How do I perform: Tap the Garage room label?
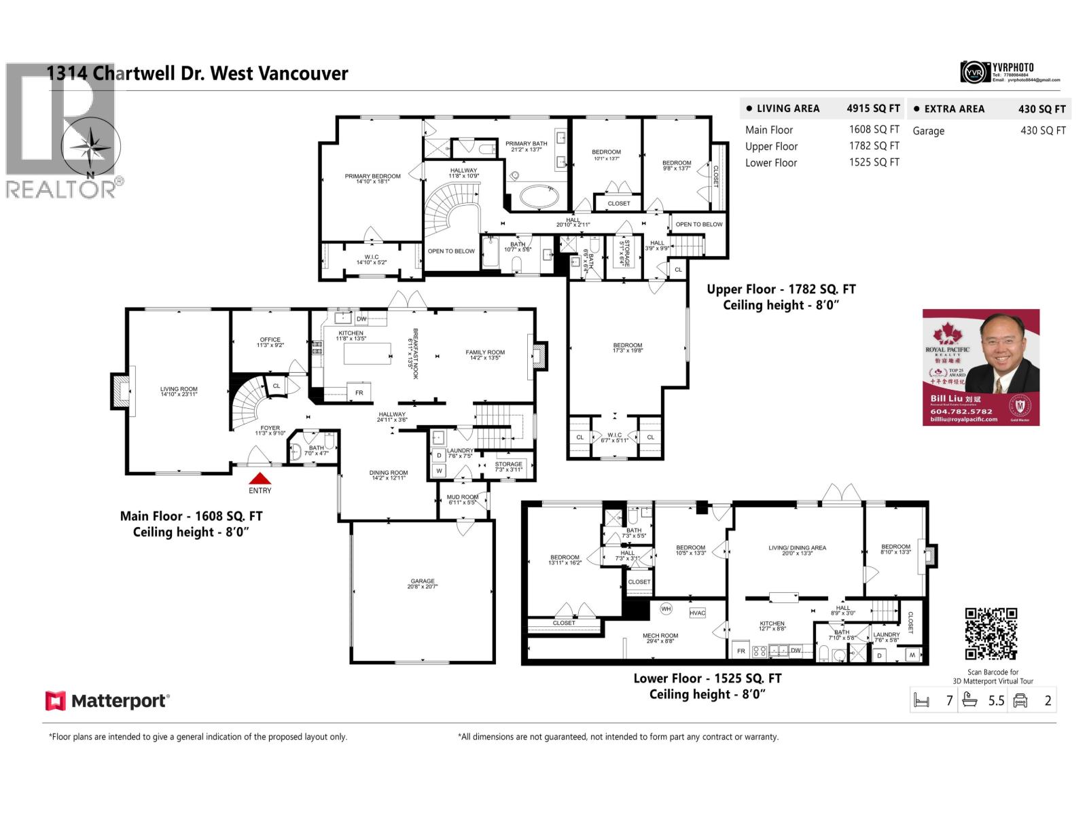422,583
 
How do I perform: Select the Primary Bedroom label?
372,179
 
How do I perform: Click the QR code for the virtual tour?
991,634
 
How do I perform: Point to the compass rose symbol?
90,147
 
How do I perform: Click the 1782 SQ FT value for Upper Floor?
874,145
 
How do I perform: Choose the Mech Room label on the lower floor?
660,638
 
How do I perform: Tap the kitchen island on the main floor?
368,354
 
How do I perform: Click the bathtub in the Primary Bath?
539,198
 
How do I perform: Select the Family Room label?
485,355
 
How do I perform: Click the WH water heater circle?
666,609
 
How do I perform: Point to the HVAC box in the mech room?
697,613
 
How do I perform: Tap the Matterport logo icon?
55,701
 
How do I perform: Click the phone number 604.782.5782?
961,411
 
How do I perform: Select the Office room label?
270,342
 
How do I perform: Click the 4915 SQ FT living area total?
873,108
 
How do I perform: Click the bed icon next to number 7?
921,700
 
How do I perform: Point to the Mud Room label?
463,499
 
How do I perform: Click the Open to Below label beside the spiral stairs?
451,251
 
